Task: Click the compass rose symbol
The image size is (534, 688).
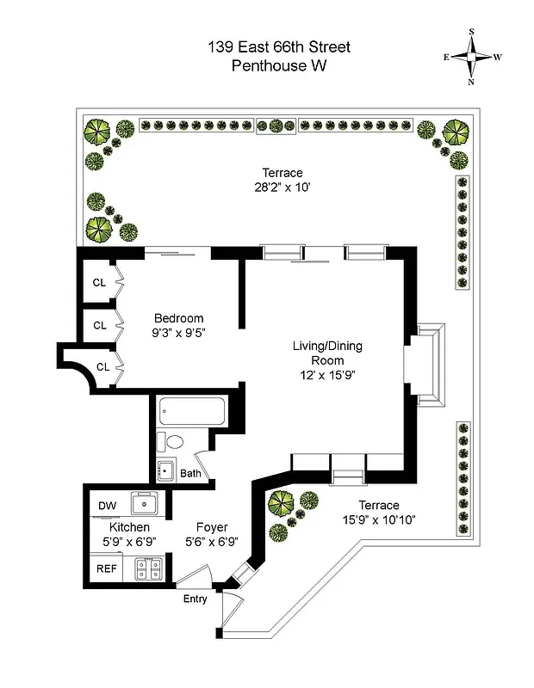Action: [472, 57]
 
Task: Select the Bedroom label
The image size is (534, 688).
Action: [178, 316]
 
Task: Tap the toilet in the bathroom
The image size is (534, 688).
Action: [174, 443]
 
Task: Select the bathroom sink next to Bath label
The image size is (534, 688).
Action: [165, 470]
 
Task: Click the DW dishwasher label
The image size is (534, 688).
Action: [108, 505]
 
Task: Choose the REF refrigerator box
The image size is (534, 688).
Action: [107, 568]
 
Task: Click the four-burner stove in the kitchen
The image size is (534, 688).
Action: [148, 568]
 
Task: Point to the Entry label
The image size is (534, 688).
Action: [195, 599]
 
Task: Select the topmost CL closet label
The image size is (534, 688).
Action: [100, 281]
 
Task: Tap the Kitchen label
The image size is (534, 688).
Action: [129, 527]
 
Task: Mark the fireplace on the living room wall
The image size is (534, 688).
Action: [425, 364]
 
